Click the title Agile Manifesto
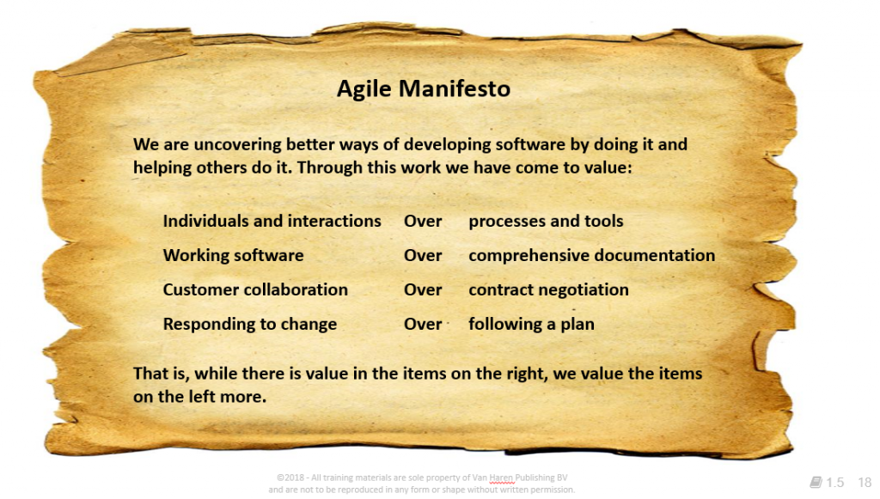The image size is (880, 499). tap(424, 88)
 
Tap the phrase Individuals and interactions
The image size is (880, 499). tap(272, 221)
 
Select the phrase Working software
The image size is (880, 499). tap(234, 256)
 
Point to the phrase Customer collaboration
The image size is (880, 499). tap(255, 289)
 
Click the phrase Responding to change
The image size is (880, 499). tap(250, 324)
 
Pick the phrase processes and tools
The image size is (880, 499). tap(546, 222)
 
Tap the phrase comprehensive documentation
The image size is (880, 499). tap(592, 256)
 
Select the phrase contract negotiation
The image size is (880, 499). tap(549, 290)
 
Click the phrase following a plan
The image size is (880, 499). tap(531, 324)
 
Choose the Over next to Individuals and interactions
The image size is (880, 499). tap(423, 221)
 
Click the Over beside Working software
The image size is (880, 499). tap(423, 255)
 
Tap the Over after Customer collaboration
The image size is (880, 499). tap(423, 289)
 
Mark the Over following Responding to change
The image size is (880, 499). tap(423, 324)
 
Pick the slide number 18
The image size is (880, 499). tap(865, 482)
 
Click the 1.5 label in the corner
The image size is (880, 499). tap(834, 482)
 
